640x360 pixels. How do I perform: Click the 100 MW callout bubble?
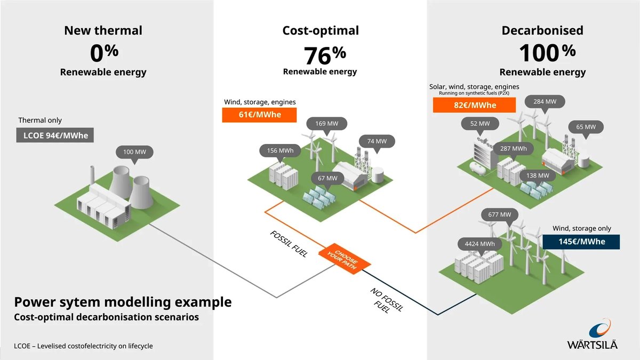coord(134,153)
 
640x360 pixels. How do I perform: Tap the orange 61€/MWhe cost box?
coord(259,115)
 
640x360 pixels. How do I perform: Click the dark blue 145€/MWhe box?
coord(581,242)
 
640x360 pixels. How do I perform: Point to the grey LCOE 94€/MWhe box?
coord(55,135)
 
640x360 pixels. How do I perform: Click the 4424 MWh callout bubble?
coord(479,244)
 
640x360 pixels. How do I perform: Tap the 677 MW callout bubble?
coord(499,215)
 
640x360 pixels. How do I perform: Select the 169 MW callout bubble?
coord(326,124)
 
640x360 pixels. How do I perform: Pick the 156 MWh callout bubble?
coord(280,151)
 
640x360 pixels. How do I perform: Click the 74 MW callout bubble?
coord(377,141)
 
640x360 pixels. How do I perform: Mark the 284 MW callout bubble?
coord(545,101)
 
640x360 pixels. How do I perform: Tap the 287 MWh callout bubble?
coord(513,148)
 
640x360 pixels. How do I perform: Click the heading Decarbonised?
coord(542,30)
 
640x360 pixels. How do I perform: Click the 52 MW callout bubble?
coord(480,124)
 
